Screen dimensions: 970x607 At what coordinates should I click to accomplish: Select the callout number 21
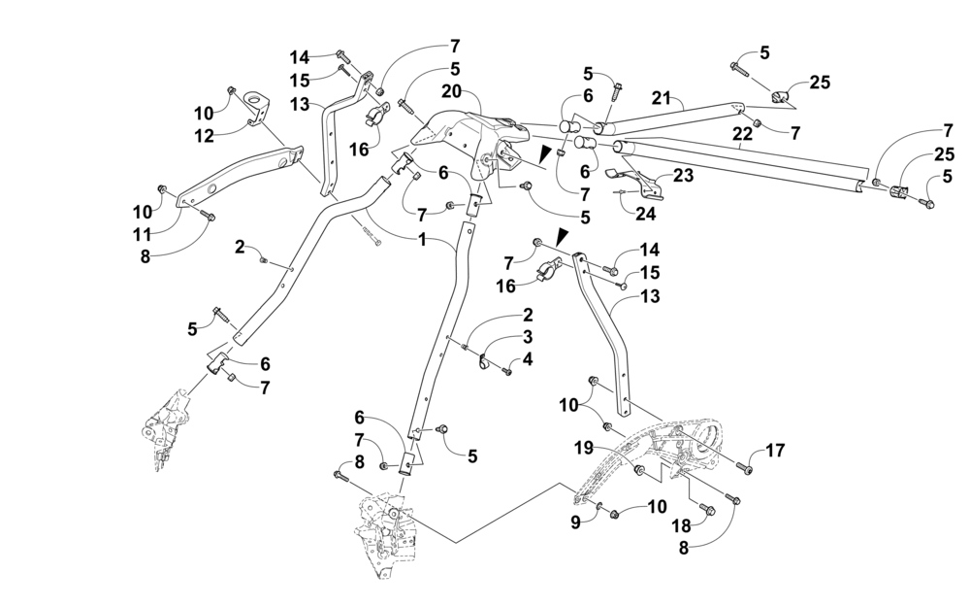(x=661, y=97)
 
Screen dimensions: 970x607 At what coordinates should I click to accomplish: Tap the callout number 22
(x=742, y=134)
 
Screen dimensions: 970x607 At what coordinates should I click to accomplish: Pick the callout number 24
(x=644, y=215)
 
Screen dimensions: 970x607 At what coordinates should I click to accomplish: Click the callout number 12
(x=204, y=136)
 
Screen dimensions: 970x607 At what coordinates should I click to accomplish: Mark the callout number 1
(x=422, y=239)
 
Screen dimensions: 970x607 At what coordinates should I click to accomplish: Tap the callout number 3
(x=527, y=337)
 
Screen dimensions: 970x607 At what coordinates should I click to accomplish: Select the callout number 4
(x=527, y=359)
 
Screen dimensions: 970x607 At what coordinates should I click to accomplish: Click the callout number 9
(x=575, y=523)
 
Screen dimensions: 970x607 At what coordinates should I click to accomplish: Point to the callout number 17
(x=774, y=451)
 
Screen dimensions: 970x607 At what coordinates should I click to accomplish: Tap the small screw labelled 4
(x=506, y=371)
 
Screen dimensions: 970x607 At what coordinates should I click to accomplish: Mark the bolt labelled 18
(x=708, y=508)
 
